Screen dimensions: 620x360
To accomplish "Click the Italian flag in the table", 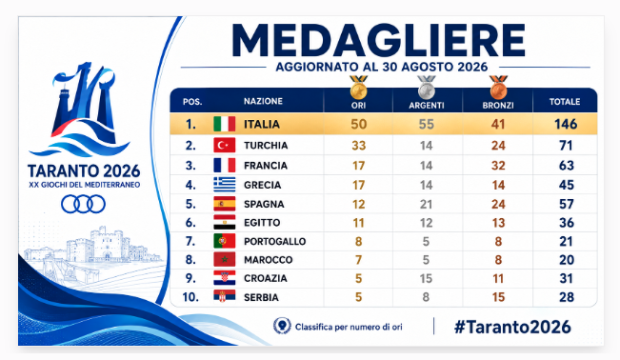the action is (224, 124).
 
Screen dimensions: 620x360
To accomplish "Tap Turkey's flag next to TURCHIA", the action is (224, 145).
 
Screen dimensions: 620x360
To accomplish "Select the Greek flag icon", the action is (224, 185).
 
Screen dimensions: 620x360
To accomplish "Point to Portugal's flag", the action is (224, 241).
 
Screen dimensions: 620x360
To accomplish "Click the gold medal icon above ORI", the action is (359, 87).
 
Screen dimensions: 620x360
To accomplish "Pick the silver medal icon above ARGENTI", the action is (427, 87).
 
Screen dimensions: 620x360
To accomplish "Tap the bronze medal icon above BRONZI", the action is (498, 87).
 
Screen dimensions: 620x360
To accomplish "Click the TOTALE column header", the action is (565, 102).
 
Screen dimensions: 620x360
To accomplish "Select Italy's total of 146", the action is (566, 124).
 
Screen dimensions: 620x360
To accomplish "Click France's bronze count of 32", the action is (498, 166).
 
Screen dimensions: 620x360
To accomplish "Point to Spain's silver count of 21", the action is (427, 204).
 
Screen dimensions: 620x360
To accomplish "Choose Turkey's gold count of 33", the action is (359, 146).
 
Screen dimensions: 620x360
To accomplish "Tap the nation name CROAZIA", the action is (266, 278).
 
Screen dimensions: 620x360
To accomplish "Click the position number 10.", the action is (190, 297).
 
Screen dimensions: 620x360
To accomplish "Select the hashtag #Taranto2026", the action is (512, 327).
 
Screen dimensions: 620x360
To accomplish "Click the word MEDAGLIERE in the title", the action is (378, 41).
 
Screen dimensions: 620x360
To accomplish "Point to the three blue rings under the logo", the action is (83, 205).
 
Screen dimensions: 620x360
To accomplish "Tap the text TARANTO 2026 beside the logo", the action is (84, 170).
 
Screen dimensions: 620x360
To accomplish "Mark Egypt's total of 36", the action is (567, 223).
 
